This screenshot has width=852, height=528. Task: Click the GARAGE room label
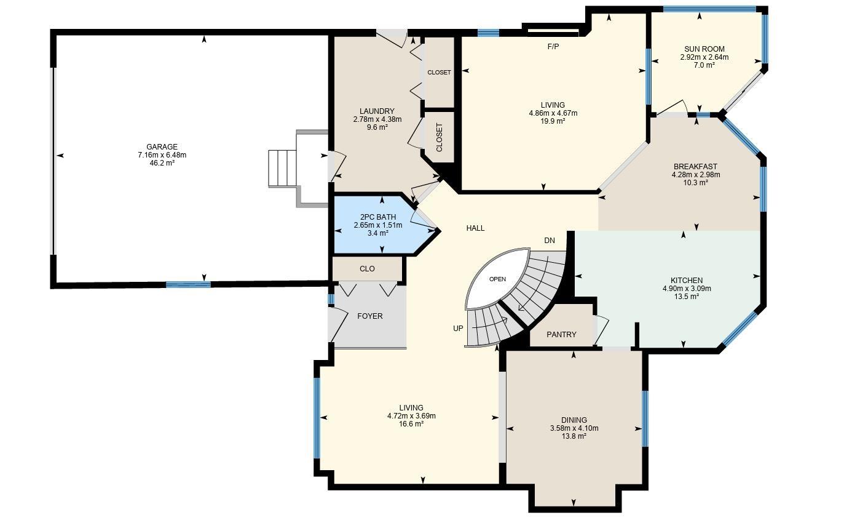tap(162, 147)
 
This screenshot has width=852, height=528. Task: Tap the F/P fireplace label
tap(553, 47)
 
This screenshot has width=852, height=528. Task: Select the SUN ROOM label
tap(704, 49)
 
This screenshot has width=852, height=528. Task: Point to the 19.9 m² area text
tap(553, 121)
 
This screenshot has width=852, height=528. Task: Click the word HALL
tap(475, 228)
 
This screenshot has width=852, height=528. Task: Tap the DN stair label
tap(550, 241)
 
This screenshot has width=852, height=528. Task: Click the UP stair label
tap(458, 328)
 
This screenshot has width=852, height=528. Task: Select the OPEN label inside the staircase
tap(497, 279)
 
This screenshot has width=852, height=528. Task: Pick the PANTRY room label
tap(561, 335)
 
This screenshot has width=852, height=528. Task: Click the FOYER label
tap(369, 316)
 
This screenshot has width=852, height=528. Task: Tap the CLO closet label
tap(367, 269)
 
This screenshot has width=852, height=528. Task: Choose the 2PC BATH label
tap(378, 217)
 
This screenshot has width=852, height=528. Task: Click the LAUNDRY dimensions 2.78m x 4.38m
tap(377, 119)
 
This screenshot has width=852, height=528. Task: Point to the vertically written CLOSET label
tap(440, 137)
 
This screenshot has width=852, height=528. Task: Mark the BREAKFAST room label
tap(695, 167)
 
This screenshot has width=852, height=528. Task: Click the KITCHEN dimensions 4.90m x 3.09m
tap(687, 289)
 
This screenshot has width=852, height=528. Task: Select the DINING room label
tap(574, 420)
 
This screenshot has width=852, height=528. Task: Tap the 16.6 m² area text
tap(411, 424)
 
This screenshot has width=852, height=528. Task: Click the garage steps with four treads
tap(282, 168)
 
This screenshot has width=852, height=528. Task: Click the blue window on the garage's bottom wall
tap(188, 284)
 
